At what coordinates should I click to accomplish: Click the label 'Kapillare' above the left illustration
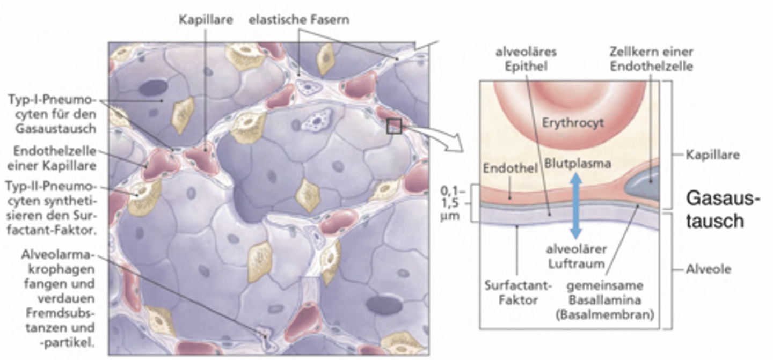pos(206,20)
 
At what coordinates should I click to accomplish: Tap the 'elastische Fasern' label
pos(299,20)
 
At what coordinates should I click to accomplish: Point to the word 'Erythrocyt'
pos(573,123)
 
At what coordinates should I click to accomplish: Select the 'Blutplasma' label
pos(578,163)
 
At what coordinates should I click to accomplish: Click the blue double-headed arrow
pos(575,205)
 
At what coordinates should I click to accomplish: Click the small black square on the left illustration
pos(394,126)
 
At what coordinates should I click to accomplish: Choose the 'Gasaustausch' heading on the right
pos(723,210)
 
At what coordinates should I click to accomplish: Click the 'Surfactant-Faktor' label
pos(518,293)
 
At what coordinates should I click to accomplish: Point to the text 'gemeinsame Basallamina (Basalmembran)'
pos(605,300)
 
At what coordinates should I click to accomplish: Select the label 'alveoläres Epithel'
pos(526,59)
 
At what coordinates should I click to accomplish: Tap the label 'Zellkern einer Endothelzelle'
pos(652,59)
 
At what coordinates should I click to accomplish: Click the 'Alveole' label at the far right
pos(708,269)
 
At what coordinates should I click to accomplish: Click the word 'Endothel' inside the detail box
pos(511,168)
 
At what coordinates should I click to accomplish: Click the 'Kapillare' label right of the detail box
pos(713,155)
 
